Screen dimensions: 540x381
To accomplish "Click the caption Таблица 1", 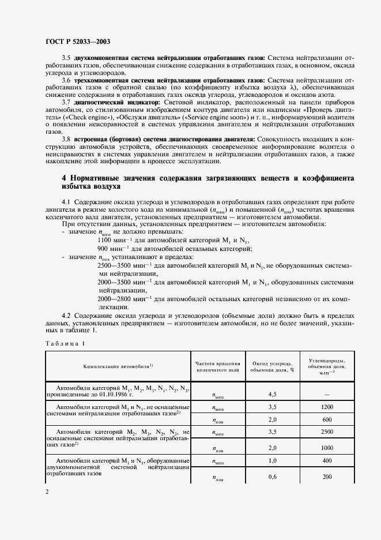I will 64,344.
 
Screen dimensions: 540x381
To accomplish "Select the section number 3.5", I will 66,58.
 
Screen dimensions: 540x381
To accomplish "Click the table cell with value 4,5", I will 274,395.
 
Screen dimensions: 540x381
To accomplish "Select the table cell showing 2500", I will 327,432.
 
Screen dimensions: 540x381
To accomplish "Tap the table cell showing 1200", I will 327,407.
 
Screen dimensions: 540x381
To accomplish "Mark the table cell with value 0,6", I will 274,477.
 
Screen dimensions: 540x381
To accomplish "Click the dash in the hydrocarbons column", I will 327,395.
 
